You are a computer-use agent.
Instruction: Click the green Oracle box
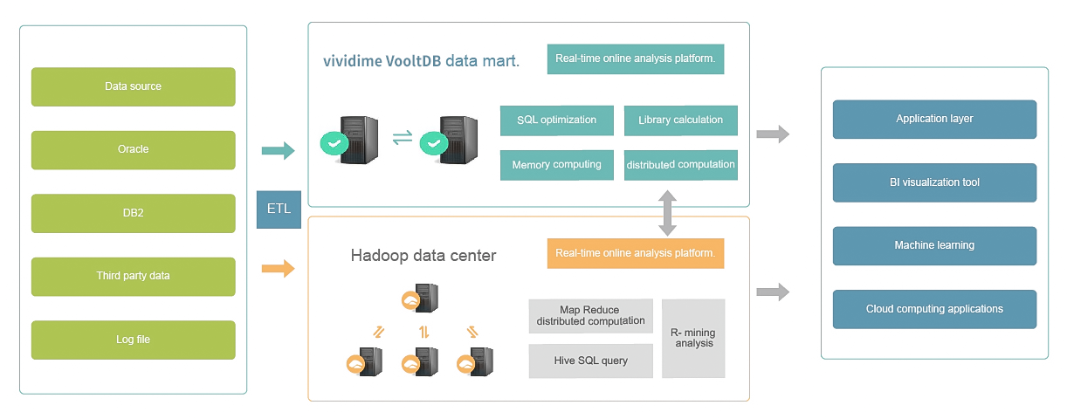click(134, 150)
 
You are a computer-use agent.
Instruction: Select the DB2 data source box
click(134, 213)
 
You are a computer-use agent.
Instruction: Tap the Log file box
click(134, 340)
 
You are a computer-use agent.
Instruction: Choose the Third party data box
click(134, 277)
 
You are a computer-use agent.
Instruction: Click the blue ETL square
click(279, 209)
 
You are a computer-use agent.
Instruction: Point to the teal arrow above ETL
click(279, 151)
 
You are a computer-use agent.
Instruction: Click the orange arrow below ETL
click(279, 269)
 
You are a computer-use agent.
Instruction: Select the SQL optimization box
click(557, 120)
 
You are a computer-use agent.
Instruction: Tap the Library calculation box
click(681, 120)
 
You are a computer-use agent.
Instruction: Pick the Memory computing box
click(557, 165)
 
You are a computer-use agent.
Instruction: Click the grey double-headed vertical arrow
click(667, 213)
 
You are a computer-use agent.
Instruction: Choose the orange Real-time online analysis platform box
click(636, 253)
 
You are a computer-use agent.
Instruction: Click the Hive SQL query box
click(590, 361)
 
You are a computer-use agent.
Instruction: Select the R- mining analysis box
click(693, 339)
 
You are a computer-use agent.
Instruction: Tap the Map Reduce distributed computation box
click(590, 316)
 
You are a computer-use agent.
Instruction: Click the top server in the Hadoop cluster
click(420, 298)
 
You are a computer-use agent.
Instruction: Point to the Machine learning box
click(934, 246)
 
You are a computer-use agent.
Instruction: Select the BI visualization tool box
click(934, 182)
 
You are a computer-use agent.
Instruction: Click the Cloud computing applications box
click(934, 310)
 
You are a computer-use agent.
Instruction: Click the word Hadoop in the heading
click(380, 256)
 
